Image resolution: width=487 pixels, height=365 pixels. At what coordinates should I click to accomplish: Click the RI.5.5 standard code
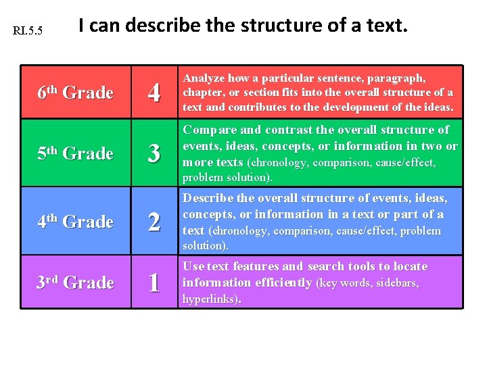[x=28, y=31]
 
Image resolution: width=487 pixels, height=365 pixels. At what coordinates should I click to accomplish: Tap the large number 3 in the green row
[x=154, y=154]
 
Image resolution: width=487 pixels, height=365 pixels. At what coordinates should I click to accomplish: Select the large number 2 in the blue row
[x=154, y=222]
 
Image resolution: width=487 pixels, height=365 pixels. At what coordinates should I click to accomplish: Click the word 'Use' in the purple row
[x=193, y=266]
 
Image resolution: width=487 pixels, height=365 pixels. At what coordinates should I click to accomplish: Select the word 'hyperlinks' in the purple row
[x=210, y=299]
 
